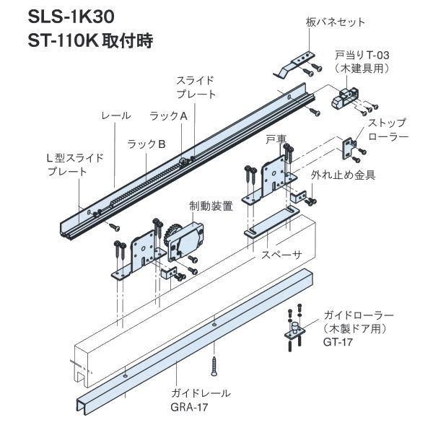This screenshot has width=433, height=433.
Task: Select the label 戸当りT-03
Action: [x=360, y=55]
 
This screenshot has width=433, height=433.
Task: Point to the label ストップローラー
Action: [x=387, y=129]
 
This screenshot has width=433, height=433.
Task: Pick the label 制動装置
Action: [x=211, y=206]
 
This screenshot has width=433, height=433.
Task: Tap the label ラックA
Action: [x=168, y=115]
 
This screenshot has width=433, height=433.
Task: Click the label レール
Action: [x=115, y=115]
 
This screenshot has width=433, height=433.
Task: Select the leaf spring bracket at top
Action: [x=292, y=64]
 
